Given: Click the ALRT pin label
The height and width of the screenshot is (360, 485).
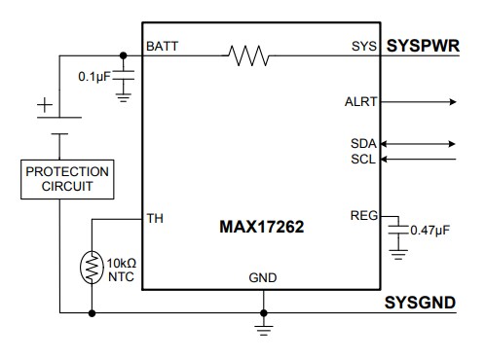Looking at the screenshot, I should [x=361, y=100].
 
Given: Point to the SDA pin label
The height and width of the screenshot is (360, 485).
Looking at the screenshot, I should [x=363, y=143].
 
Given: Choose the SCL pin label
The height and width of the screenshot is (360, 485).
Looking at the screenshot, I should [x=363, y=159].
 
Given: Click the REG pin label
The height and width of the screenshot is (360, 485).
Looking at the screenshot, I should [x=362, y=215].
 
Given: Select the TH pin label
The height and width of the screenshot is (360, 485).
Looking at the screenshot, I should [x=154, y=217].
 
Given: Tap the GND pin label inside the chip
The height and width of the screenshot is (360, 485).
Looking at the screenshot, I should [x=262, y=278].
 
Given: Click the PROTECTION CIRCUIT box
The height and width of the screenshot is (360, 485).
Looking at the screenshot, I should [x=67, y=180].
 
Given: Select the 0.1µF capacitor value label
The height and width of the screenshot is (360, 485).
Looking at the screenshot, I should [x=97, y=76].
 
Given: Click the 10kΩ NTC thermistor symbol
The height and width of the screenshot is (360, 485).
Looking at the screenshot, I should [x=92, y=269].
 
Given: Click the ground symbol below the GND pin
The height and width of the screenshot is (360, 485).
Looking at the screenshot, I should [x=262, y=328].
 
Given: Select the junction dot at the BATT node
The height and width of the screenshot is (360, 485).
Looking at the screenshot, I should [x=124, y=55].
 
